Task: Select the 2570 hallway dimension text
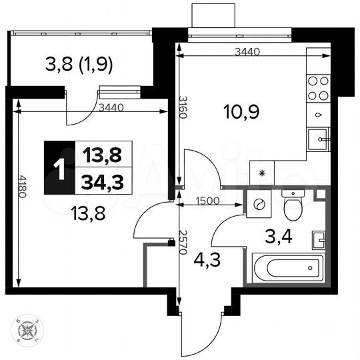pyautogui.click(x=181, y=245)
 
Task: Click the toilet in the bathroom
pyautogui.click(x=292, y=205)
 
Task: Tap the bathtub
pyautogui.click(x=287, y=269)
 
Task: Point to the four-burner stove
pyautogui.click(x=318, y=88)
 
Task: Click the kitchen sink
pyautogui.click(x=320, y=140)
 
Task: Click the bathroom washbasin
pyautogui.click(x=319, y=239)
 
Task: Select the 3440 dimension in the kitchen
pyautogui.click(x=247, y=51)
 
